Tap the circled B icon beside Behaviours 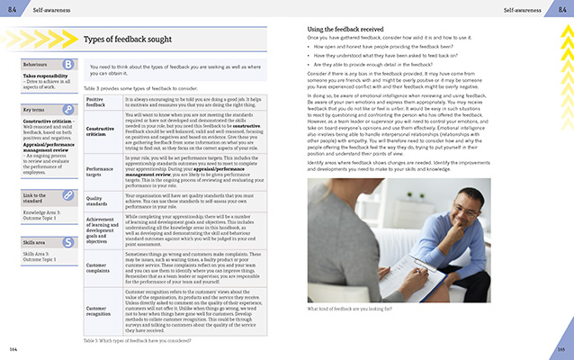(x=68, y=64)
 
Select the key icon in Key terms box (x=68, y=110)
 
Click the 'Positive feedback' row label (x=99, y=103)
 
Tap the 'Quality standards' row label (x=99, y=202)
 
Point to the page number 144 (x=13, y=347)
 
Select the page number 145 (x=560, y=347)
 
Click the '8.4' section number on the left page (x=12, y=8)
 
